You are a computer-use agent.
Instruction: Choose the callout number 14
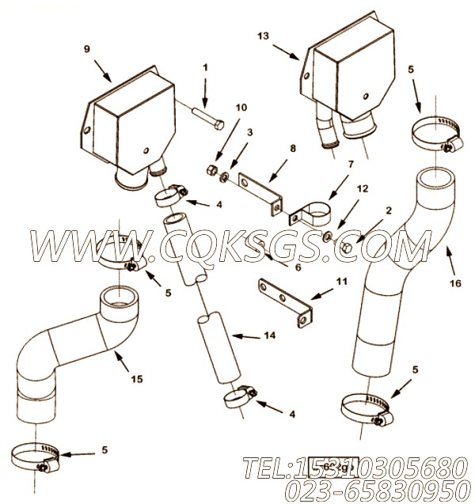[270, 335]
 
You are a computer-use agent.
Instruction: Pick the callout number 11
[341, 282]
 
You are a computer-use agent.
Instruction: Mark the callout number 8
[292, 148]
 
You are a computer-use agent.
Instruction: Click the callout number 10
[241, 107]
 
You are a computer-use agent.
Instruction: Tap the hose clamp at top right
[434, 133]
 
